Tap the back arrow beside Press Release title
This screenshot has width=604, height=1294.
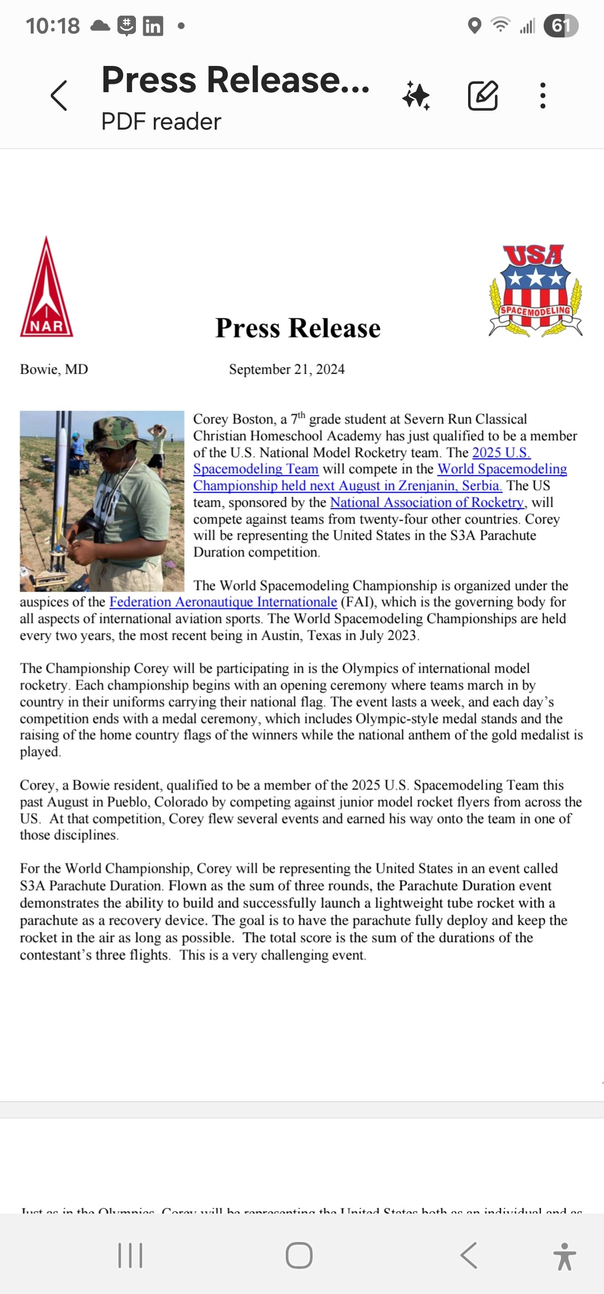(59, 96)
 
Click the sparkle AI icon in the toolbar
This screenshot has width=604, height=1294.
(417, 96)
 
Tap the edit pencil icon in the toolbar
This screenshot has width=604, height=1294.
(483, 96)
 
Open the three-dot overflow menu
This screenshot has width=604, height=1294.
(542, 96)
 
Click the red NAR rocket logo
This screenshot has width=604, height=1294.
(47, 288)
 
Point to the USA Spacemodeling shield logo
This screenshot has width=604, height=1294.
(535, 291)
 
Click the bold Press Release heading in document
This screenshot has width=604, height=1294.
(298, 328)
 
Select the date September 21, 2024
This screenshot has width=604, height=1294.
(286, 369)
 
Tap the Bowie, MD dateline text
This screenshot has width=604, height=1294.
(54, 369)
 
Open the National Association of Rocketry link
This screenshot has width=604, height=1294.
(427, 502)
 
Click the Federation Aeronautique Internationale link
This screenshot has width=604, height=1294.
(223, 602)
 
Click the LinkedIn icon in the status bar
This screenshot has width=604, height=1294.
(153, 26)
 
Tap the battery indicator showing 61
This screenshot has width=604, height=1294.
(561, 26)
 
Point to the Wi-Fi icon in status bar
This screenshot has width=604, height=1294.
(500, 25)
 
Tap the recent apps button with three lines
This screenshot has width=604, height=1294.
(130, 1255)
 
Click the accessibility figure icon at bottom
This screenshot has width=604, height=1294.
(564, 1256)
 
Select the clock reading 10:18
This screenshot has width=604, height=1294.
(53, 26)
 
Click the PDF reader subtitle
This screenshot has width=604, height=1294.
(161, 122)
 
